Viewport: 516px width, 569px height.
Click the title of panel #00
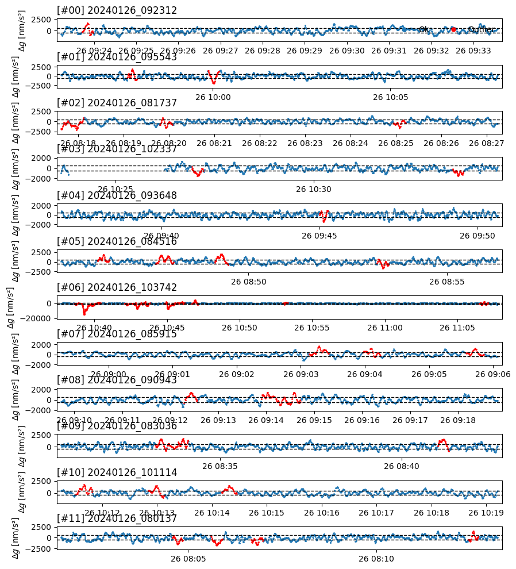tap(117, 10)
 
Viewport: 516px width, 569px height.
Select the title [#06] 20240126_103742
tap(117, 287)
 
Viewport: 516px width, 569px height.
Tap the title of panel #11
tap(117, 518)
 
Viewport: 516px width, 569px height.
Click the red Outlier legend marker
tap(453, 29)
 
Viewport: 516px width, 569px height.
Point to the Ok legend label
tap(423, 29)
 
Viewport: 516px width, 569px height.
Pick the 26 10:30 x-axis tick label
tap(313, 189)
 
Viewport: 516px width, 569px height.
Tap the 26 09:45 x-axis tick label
tap(320, 235)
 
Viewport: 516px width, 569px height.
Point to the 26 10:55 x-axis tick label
tap(313, 328)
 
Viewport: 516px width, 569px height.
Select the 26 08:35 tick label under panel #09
tap(220, 466)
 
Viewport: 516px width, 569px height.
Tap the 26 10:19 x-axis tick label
tap(486, 512)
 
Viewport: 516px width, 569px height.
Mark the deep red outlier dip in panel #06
tap(85, 312)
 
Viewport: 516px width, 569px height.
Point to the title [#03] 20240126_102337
tap(117, 149)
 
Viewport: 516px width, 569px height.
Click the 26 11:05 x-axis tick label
tap(458, 328)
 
